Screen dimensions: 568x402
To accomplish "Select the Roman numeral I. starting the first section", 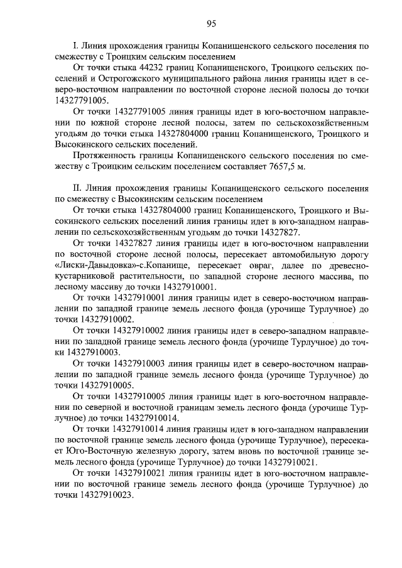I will (76, 46).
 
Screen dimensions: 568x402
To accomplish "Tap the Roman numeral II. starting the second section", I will (78, 188).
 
